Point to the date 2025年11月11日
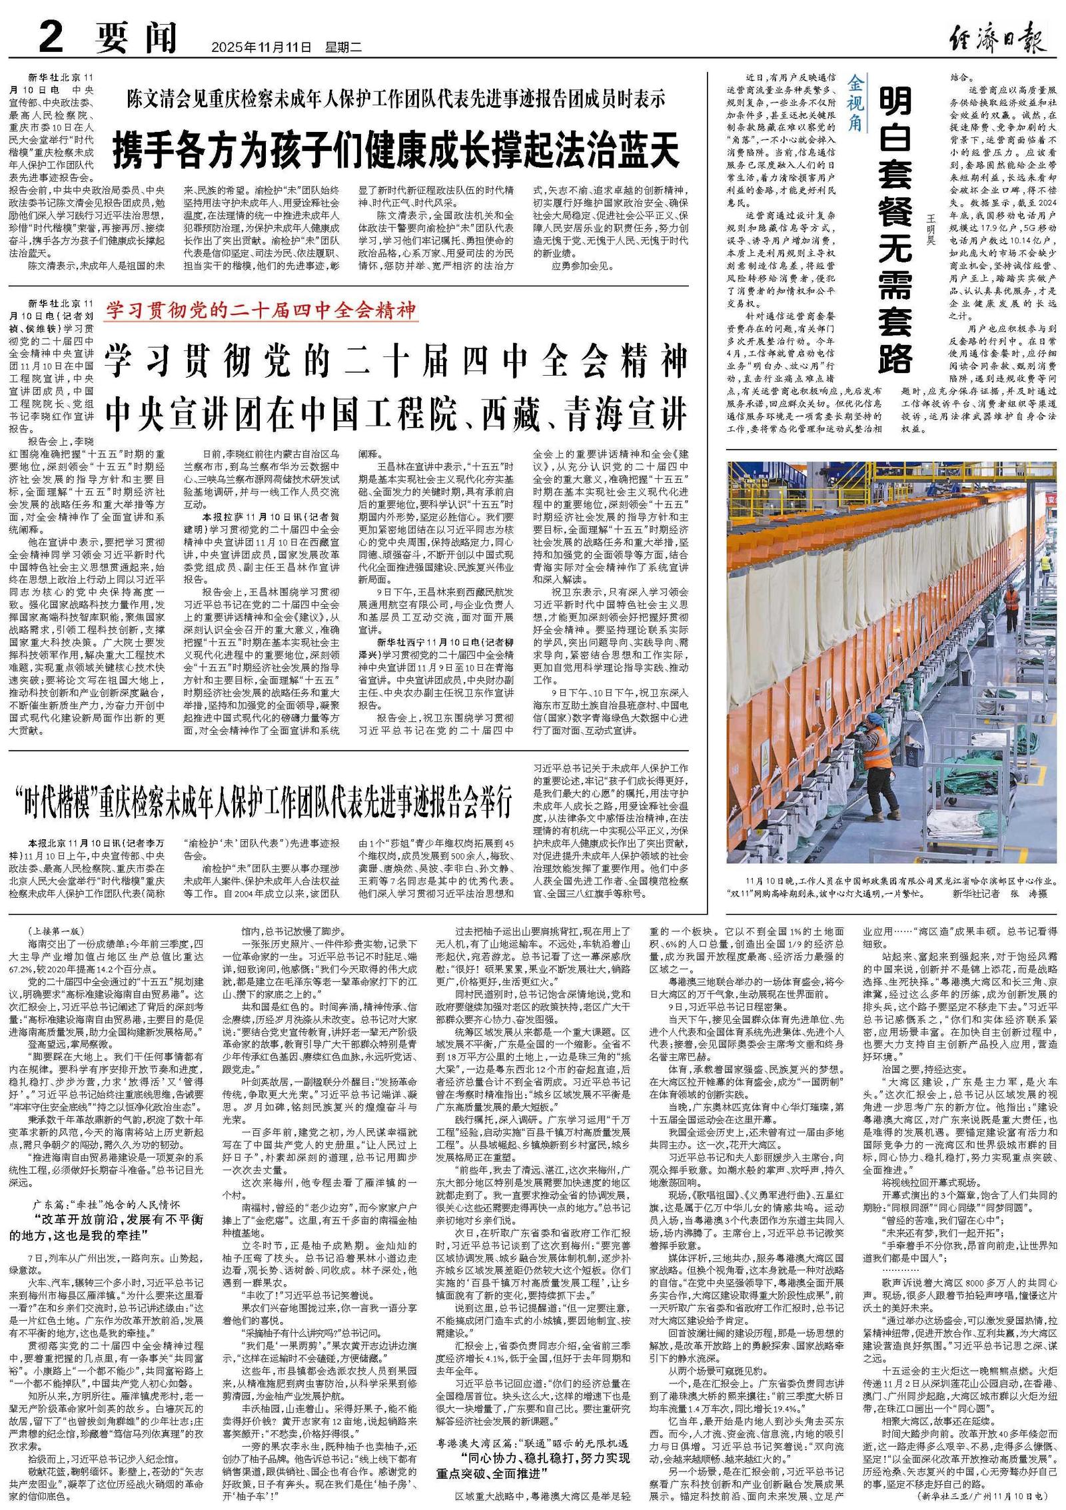tap(261, 47)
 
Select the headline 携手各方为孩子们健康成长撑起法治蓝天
tap(396, 149)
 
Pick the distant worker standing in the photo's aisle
tap(1011, 605)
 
